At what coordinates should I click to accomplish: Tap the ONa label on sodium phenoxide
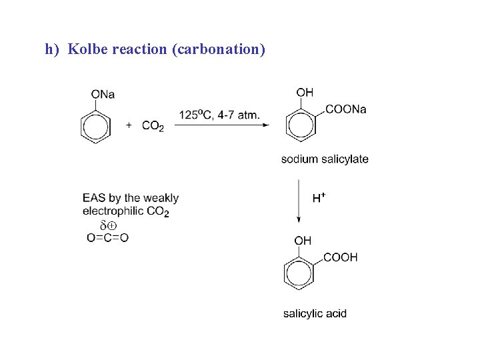click(103, 94)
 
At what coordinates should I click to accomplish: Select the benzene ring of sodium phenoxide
click(94, 126)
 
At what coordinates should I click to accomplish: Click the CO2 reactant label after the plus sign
click(153, 126)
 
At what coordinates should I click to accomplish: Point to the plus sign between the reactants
click(129, 125)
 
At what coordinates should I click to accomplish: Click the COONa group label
click(345, 109)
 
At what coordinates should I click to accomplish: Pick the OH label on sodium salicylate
click(305, 93)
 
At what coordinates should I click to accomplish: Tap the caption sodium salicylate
click(324, 159)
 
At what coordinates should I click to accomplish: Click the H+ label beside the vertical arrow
click(319, 198)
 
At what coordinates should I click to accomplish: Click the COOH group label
click(341, 257)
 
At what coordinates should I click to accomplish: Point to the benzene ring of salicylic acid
click(298, 274)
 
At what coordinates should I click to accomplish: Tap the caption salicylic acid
click(315, 313)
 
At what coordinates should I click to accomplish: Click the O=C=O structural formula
click(107, 237)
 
